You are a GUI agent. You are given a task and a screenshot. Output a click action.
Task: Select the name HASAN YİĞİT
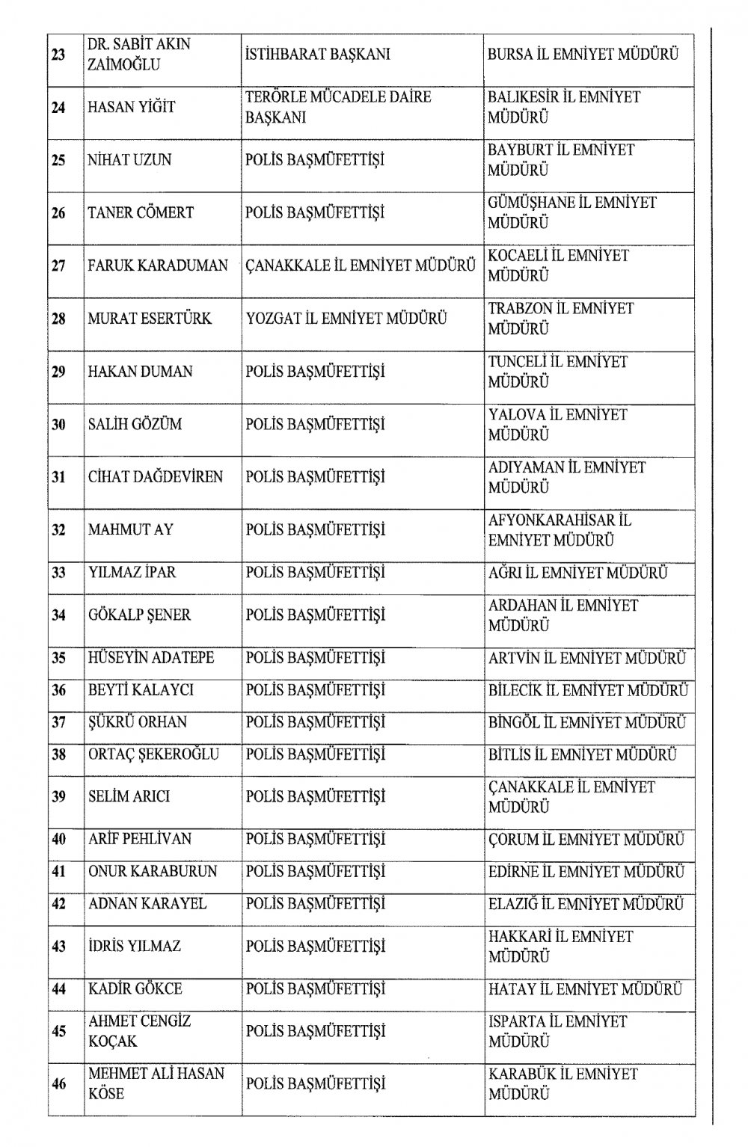pos(132,108)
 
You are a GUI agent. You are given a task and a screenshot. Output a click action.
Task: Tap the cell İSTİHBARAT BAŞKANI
pos(317,55)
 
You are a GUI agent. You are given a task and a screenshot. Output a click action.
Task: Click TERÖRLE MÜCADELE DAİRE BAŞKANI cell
pos(338,108)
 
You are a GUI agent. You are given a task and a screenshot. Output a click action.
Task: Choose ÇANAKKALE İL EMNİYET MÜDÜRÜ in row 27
pos(361,265)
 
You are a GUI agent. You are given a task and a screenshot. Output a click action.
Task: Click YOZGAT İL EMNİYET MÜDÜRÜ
pos(346,319)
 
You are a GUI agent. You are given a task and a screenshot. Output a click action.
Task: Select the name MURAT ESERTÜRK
pos(150,319)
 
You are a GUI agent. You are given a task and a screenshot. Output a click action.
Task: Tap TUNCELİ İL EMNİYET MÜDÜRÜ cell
pos(557,372)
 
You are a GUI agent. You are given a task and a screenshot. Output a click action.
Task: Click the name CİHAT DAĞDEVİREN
pos(156,477)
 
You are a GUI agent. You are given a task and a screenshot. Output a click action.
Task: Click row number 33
pos(58,573)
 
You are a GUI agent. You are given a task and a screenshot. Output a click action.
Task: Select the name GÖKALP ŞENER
pos(139,615)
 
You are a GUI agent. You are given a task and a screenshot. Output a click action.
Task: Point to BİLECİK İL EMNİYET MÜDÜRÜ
pos(587,690)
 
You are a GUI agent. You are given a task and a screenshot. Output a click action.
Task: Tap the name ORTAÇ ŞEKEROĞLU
pos(153,754)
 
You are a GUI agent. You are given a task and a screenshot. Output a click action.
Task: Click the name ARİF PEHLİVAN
pos(139,840)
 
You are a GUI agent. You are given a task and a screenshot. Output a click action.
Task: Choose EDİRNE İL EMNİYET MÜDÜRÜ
pos(586,872)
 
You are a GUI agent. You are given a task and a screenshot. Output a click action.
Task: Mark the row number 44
pos(58,989)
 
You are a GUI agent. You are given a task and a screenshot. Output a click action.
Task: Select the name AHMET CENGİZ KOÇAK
pos(139,1031)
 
